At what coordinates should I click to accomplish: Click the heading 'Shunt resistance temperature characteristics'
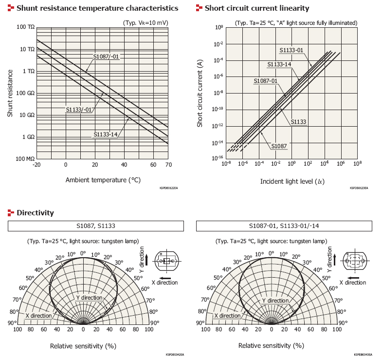click(x=97, y=8)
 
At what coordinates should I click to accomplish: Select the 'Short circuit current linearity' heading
click(x=256, y=8)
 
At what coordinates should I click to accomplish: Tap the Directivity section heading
click(x=35, y=213)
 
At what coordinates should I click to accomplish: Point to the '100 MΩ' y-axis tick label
click(x=25, y=159)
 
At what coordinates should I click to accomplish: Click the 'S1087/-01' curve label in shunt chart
click(x=106, y=57)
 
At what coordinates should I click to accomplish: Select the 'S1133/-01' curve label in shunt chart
click(x=79, y=110)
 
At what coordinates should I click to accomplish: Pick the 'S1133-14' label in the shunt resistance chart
click(x=107, y=134)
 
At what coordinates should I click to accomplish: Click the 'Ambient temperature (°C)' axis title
click(x=103, y=180)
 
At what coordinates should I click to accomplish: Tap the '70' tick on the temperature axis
click(x=168, y=165)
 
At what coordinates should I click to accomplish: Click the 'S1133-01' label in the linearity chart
click(x=291, y=50)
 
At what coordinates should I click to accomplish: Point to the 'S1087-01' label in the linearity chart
click(x=265, y=81)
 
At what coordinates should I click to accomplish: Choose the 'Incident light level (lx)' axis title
click(x=292, y=182)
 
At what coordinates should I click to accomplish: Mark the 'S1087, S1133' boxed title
click(x=95, y=226)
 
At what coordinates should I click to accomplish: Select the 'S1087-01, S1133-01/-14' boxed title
click(x=284, y=226)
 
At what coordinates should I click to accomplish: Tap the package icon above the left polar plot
click(x=167, y=261)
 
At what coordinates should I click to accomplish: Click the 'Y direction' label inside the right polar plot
click(x=275, y=301)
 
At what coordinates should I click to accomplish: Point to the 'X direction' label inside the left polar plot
click(x=38, y=316)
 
